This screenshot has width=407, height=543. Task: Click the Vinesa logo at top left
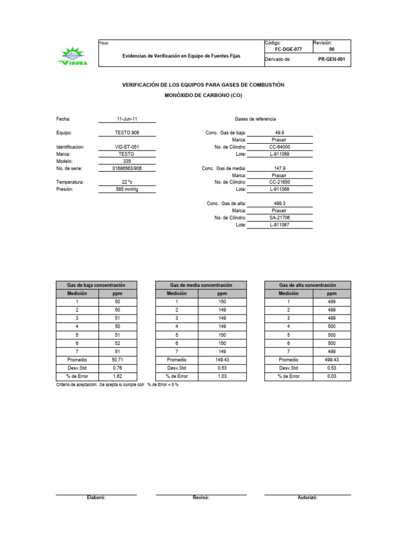click(x=73, y=56)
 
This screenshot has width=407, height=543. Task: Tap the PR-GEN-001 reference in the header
click(x=331, y=59)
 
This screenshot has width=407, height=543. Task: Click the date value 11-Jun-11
click(x=127, y=119)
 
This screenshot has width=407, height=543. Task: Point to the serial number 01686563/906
click(x=127, y=168)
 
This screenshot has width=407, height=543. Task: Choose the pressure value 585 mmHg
click(x=127, y=189)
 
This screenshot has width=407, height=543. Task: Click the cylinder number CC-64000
click(x=280, y=147)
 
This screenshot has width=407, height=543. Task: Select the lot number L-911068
click(x=280, y=189)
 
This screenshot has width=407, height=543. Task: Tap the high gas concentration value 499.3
click(x=280, y=204)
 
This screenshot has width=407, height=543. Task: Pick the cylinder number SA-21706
click(x=280, y=217)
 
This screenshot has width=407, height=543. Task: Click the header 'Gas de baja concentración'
click(x=96, y=285)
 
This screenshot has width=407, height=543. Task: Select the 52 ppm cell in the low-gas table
click(x=117, y=343)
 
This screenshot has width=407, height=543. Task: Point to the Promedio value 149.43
click(x=222, y=360)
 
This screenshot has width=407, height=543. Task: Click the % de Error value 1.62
click(x=117, y=376)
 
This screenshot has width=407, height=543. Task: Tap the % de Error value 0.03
click(x=331, y=376)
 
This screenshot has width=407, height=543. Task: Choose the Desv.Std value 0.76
click(x=117, y=367)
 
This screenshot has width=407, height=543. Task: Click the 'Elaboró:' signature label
click(x=96, y=498)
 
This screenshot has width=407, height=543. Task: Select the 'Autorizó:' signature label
click(x=307, y=498)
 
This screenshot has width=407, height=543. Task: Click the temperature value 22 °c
click(x=127, y=182)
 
